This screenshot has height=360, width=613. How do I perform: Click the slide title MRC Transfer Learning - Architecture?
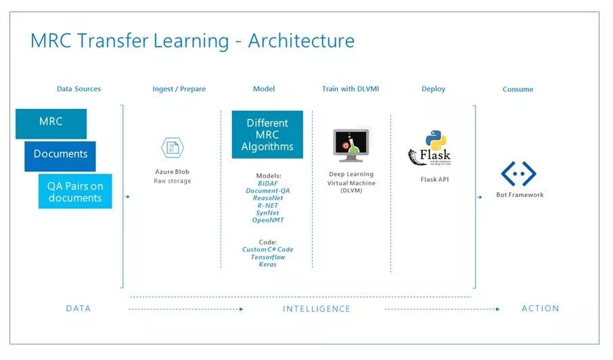click(192, 41)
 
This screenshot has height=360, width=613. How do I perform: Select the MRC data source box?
click(51, 122)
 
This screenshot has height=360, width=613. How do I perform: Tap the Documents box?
click(60, 155)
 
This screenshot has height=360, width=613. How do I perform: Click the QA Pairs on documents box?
click(74, 192)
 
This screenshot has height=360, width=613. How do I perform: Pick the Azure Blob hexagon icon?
click(172, 148)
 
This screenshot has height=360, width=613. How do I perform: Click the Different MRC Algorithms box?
click(267, 135)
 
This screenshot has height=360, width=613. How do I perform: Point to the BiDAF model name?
click(267, 183)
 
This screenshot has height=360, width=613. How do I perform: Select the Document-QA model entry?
click(267, 191)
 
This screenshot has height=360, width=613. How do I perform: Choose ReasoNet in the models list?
click(267, 198)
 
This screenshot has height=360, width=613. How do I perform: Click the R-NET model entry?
click(267, 206)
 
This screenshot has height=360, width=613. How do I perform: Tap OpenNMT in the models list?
click(267, 221)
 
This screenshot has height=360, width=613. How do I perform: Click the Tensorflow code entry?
click(267, 257)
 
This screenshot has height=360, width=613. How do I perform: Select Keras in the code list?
click(267, 265)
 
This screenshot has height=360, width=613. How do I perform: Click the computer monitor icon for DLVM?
click(351, 145)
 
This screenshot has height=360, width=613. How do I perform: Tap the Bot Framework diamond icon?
click(518, 174)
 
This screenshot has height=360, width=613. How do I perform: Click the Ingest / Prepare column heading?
click(179, 89)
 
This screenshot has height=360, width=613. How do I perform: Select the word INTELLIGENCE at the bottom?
click(316, 309)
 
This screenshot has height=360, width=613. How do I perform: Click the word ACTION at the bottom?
click(540, 309)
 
